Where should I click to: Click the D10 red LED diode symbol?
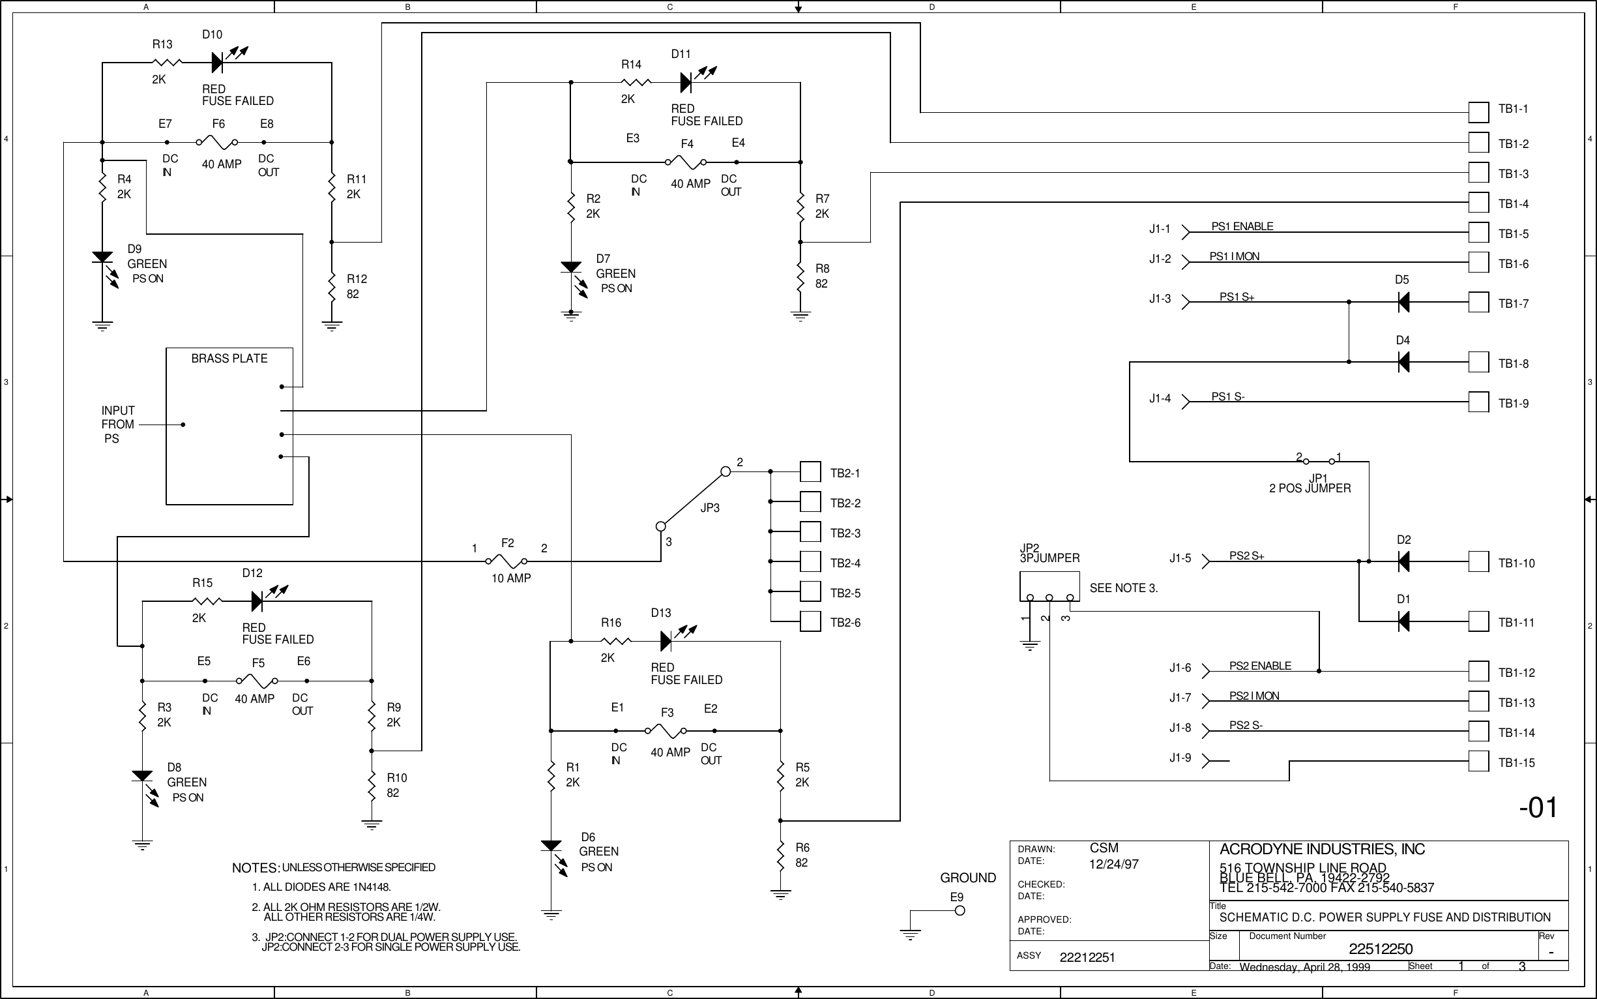click(x=218, y=63)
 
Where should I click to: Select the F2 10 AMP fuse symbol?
click(x=506, y=561)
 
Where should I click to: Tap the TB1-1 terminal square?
click(x=1478, y=112)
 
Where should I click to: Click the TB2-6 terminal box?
click(x=810, y=621)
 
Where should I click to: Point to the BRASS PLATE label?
click(x=229, y=359)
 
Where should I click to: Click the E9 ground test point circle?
click(x=960, y=910)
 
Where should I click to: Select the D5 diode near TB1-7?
click(x=1403, y=303)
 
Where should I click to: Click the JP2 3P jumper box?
click(x=1049, y=587)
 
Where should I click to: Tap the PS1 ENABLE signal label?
click(x=1242, y=227)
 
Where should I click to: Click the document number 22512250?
click(x=1381, y=949)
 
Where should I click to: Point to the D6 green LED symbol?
click(x=551, y=846)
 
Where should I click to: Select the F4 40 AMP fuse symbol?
click(x=687, y=162)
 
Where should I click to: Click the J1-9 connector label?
click(x=1180, y=758)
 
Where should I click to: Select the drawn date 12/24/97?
click(x=1113, y=864)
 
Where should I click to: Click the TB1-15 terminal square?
click(x=1478, y=761)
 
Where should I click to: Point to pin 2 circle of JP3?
click(x=725, y=471)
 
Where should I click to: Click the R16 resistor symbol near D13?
click(x=615, y=641)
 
